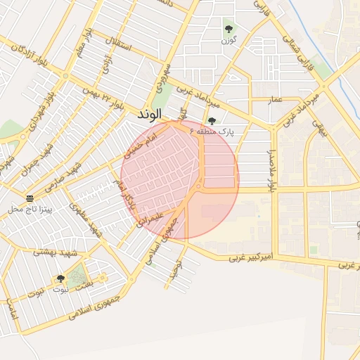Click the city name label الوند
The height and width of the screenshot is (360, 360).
coord(150,113)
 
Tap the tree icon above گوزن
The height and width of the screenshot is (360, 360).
coord(228,29)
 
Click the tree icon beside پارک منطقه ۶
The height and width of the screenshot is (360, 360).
coord(212,121)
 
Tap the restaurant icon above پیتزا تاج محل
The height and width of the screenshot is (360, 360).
coord(30,198)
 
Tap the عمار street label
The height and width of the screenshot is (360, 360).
coord(276,99)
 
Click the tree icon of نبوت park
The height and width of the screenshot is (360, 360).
coord(60,278)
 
